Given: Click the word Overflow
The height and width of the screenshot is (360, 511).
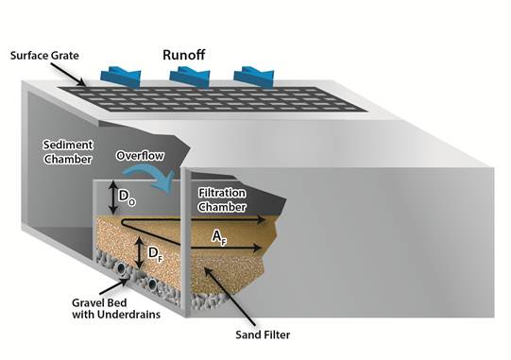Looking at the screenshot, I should click(x=141, y=155).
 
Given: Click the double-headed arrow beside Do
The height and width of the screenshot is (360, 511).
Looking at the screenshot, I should click(x=111, y=197).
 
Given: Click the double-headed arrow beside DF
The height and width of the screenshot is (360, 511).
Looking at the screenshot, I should click(x=141, y=252).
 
